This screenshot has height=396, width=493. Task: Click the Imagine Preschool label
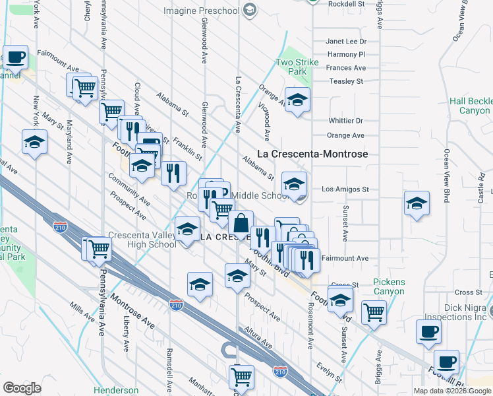pyautogui.click(x=201, y=10)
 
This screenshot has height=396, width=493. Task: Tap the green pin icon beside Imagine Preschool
pyautogui.click(x=249, y=9)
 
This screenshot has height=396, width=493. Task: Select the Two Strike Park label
pyautogui.click(x=297, y=67)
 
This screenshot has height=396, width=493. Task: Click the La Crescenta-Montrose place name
pyautogui.click(x=312, y=154)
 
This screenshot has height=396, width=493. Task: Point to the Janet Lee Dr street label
pyautogui.click(x=345, y=41)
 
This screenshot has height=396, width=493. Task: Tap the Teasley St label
pyautogui.click(x=347, y=81)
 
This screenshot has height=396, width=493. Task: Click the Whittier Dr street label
pyautogui.click(x=345, y=121)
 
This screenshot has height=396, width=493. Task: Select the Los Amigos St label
pyautogui.click(x=345, y=189)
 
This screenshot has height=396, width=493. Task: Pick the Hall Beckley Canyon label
pyautogui.click(x=471, y=106)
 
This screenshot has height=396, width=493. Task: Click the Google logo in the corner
pyautogui.click(x=22, y=387)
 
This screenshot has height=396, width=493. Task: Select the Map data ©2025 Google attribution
pyautogui.click(x=452, y=391)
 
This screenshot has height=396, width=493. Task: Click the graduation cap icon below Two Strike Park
pyautogui.click(x=297, y=100)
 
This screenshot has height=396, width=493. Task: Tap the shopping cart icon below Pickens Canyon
pyautogui.click(x=374, y=312)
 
